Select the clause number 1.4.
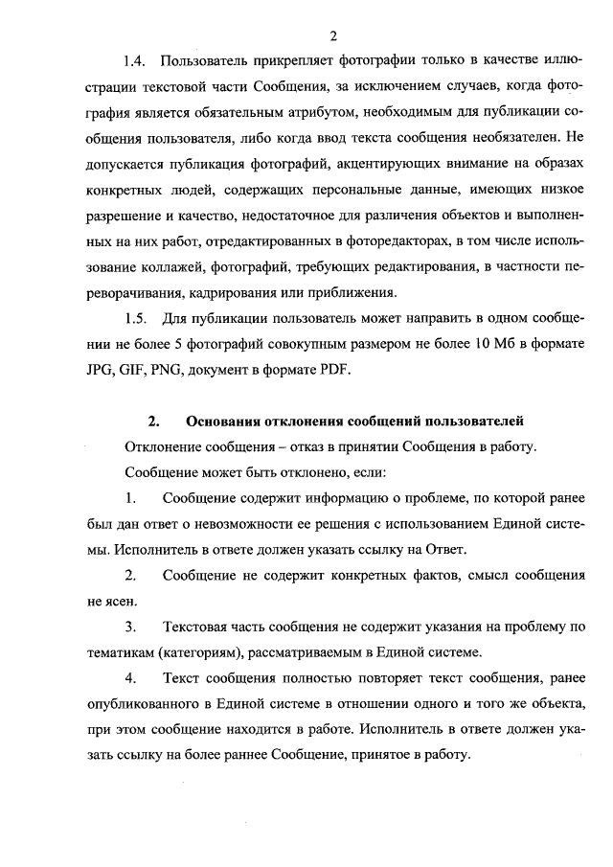tap(135, 62)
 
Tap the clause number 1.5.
tap(135, 317)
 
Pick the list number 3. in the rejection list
tap(130, 627)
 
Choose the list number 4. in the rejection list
tap(130, 678)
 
